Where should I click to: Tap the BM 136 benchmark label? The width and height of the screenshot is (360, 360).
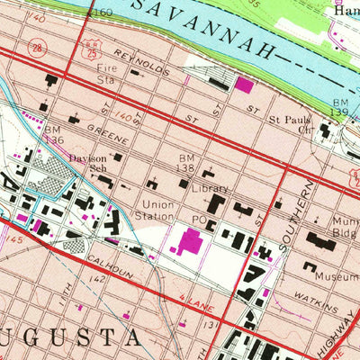tap(53, 134)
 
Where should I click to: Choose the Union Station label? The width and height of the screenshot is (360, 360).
tap(153, 210)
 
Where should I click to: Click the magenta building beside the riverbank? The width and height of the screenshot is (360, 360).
tap(244, 85)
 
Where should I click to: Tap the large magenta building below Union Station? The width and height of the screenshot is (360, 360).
tap(191, 241)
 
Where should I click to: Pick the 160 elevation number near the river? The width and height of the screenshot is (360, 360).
tap(103, 13)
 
